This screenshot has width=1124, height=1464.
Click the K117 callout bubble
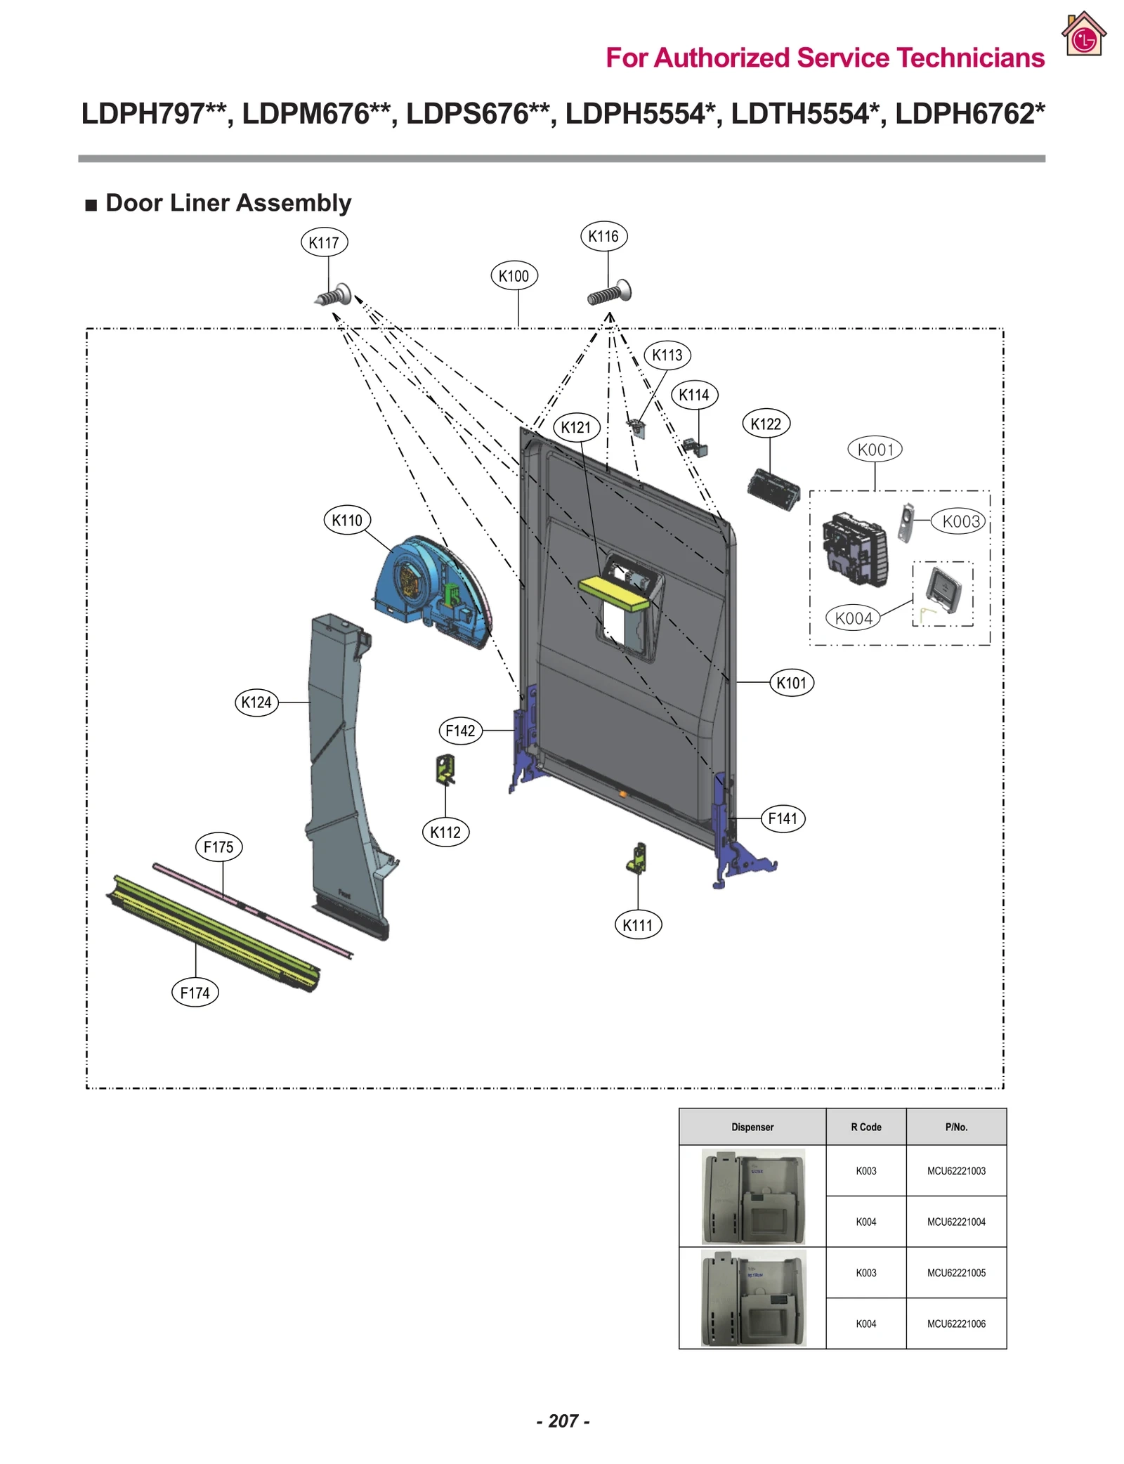click(x=324, y=243)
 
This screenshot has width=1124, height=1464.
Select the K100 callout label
click(x=514, y=276)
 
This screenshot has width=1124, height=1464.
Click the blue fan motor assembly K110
click(x=429, y=590)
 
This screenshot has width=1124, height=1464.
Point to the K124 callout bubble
click(x=256, y=702)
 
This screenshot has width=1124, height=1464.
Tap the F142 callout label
click(x=460, y=731)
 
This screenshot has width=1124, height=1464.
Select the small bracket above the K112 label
click(x=445, y=769)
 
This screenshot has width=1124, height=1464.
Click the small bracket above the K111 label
click(x=637, y=858)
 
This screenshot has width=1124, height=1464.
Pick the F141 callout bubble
click(x=783, y=819)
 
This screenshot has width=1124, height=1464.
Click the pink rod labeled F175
click(x=253, y=910)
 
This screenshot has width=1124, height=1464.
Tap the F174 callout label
click(x=195, y=993)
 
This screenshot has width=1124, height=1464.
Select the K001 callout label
click(x=875, y=450)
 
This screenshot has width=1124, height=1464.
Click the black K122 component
click(x=773, y=490)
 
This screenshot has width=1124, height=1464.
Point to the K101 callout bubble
click(x=791, y=684)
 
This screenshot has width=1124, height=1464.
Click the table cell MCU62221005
click(x=956, y=1273)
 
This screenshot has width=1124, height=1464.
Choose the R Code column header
click(x=865, y=1128)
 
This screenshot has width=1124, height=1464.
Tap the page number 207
click(x=563, y=1421)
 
